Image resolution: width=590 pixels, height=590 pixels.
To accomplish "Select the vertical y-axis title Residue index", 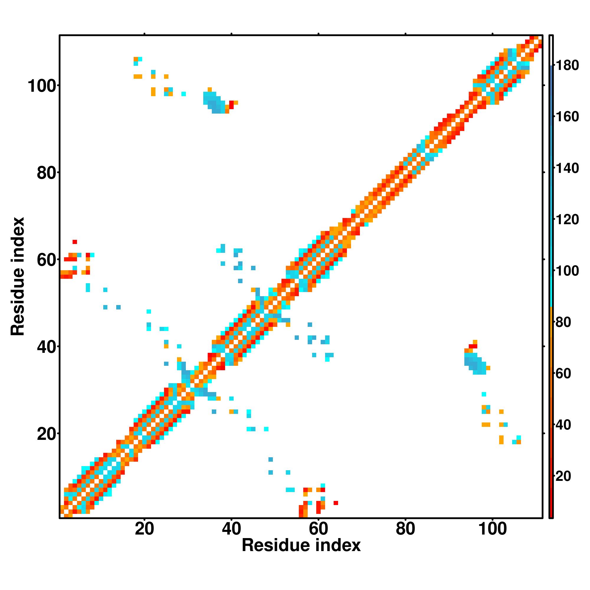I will (17, 276).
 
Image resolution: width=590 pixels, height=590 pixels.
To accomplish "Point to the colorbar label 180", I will (567, 66).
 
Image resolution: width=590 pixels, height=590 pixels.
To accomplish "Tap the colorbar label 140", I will (567, 168).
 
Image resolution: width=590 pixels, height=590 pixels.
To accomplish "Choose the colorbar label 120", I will (567, 219).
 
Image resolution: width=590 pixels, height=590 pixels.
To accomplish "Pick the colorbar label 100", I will (567, 271).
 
